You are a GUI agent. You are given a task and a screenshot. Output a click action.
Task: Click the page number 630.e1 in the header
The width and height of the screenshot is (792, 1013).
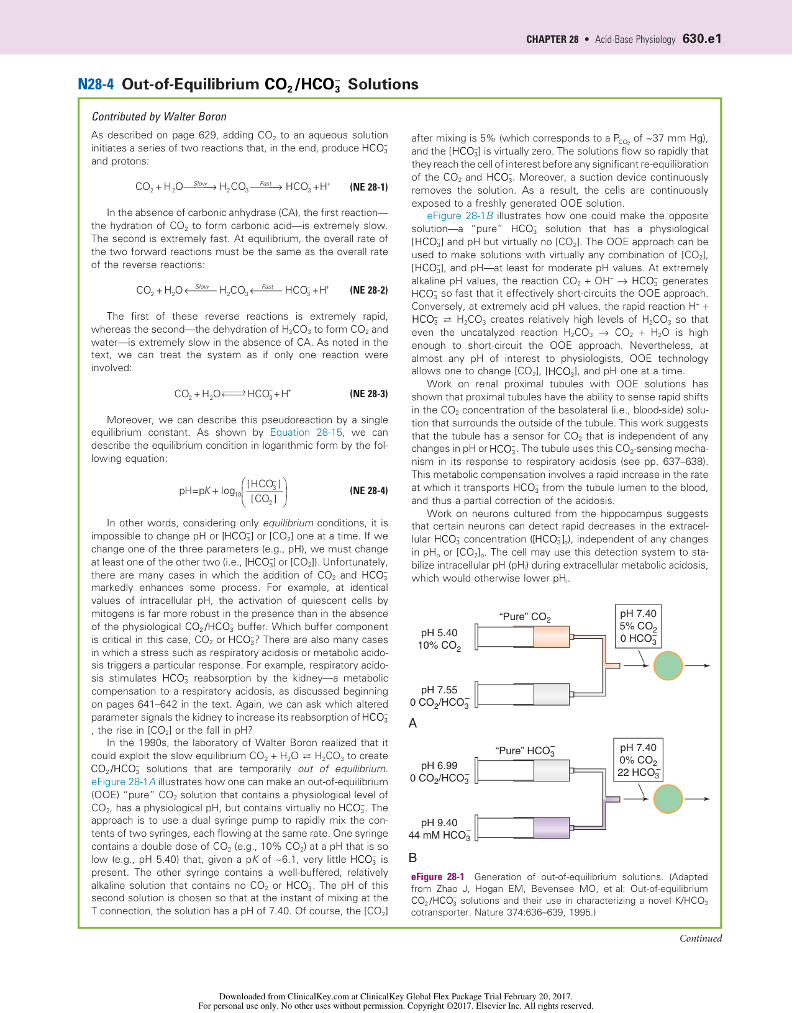click(x=702, y=38)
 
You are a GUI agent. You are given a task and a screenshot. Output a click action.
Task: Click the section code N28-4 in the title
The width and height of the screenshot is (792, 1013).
click(x=96, y=84)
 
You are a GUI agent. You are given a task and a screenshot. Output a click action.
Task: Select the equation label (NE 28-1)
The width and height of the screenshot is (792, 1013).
click(x=369, y=187)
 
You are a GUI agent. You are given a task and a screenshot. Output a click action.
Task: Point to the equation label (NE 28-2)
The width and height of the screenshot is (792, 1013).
click(x=369, y=290)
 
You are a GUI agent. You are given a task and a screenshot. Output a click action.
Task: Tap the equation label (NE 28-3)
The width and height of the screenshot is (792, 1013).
click(x=369, y=394)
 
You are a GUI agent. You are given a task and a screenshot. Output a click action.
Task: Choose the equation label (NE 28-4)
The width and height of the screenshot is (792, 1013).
click(x=369, y=491)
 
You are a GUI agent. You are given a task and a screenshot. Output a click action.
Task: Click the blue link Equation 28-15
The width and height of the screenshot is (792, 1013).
click(x=306, y=433)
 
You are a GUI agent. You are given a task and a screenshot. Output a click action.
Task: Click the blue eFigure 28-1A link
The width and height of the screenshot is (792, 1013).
click(x=124, y=782)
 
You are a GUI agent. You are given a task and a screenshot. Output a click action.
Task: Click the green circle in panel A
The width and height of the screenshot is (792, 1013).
click(x=668, y=666)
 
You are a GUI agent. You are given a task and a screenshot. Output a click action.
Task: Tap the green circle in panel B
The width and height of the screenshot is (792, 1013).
click(x=668, y=799)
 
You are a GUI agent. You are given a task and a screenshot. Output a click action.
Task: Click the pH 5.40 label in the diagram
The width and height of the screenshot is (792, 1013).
click(x=439, y=633)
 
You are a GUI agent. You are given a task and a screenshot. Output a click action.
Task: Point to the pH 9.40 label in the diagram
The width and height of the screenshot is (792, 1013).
click(x=439, y=822)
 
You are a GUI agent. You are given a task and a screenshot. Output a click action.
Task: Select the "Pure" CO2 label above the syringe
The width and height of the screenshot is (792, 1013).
click(x=525, y=617)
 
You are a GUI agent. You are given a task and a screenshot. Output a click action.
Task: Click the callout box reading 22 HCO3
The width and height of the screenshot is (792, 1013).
click(x=638, y=760)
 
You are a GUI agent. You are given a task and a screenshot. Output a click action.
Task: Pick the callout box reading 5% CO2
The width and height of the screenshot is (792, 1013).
click(x=638, y=626)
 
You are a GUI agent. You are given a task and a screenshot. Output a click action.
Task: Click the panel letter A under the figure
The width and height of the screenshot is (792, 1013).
click(x=413, y=723)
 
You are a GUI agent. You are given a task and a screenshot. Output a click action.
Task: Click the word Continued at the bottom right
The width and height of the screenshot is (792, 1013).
click(x=701, y=939)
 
